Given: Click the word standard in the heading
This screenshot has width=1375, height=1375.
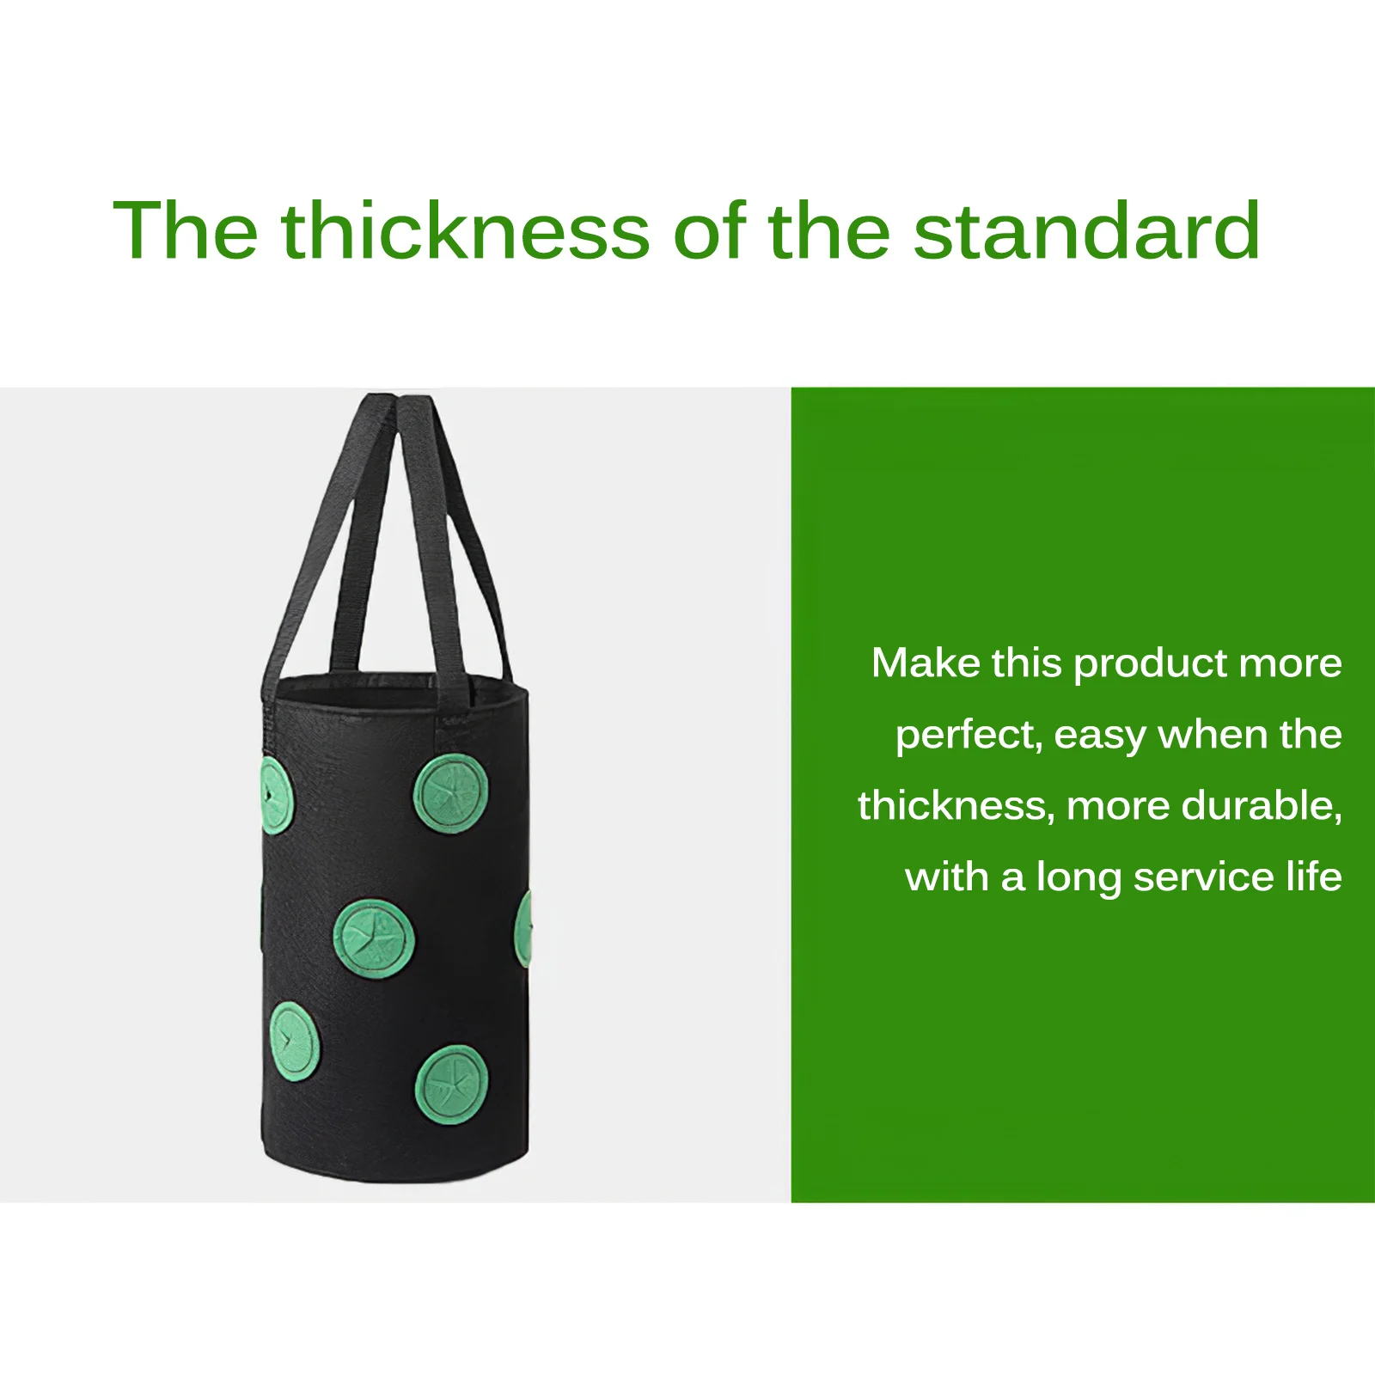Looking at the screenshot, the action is coord(1086,229).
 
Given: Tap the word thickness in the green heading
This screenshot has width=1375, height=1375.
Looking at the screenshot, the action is coord(465,229).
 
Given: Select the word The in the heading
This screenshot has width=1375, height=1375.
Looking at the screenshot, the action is coord(186,229).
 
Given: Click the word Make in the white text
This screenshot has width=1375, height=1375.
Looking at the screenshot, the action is coord(926,663).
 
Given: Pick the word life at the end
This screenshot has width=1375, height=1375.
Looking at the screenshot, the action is coord(1314,877).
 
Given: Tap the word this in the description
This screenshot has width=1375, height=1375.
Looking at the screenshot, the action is coord(1027,663).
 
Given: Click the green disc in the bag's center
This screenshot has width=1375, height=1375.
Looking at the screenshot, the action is coord(374,939).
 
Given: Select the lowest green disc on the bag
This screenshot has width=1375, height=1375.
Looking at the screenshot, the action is coord(453,1085).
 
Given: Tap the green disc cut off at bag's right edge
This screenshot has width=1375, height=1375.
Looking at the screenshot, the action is coord(523,928).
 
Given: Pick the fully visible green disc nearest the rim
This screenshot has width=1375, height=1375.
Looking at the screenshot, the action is coord(451,794).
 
